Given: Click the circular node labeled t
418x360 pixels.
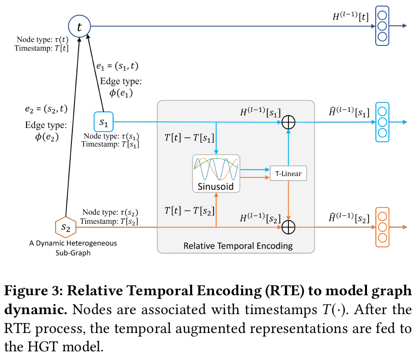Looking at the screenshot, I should click(x=79, y=27).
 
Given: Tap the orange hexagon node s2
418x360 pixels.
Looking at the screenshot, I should click(x=65, y=227).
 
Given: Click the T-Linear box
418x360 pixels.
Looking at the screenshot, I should click(x=289, y=173).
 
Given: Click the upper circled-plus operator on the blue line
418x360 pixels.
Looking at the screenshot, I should click(x=289, y=122).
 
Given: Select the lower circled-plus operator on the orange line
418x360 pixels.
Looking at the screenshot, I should click(x=289, y=226).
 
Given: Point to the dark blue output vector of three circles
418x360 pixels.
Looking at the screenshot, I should click(x=382, y=25).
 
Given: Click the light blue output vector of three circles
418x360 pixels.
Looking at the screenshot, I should click(x=382, y=122).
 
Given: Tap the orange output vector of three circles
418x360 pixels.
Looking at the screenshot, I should click(x=382, y=226).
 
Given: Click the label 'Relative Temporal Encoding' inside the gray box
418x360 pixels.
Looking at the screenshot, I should click(x=238, y=246).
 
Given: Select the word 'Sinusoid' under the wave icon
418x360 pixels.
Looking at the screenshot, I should click(x=216, y=186).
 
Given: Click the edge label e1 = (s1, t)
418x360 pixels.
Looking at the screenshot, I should click(x=117, y=66).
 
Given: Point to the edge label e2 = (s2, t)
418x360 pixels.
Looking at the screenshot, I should click(x=46, y=109).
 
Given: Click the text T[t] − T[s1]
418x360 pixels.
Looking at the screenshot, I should click(x=189, y=138).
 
